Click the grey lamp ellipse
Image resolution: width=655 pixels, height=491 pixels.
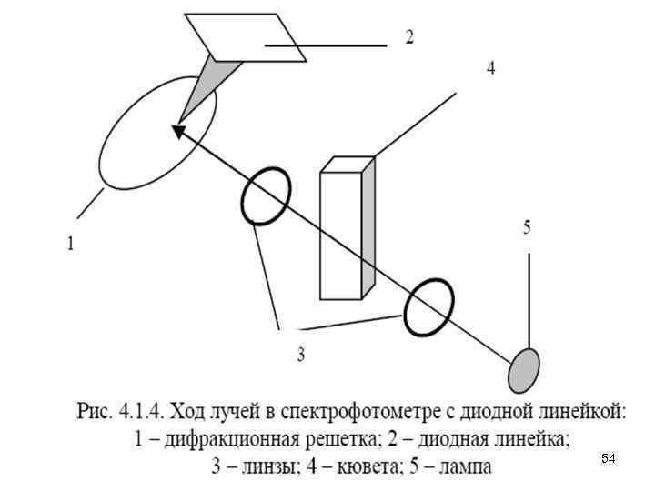(523, 367)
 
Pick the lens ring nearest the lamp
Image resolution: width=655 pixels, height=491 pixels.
(428, 306)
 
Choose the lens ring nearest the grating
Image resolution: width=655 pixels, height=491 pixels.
(266, 195)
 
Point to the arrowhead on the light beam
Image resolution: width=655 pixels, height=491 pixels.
(179, 133)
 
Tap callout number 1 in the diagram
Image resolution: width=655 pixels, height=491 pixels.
(70, 244)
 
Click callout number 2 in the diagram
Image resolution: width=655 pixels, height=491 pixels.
(409, 37)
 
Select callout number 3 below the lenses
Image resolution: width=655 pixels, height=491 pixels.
(299, 355)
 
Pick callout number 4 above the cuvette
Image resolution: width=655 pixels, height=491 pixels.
(490, 68)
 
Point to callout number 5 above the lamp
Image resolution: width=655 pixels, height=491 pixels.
(527, 228)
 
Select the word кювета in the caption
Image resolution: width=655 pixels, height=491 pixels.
(370, 467)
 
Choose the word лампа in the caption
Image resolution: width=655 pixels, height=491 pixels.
(464, 467)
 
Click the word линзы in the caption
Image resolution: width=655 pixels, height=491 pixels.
(258, 467)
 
